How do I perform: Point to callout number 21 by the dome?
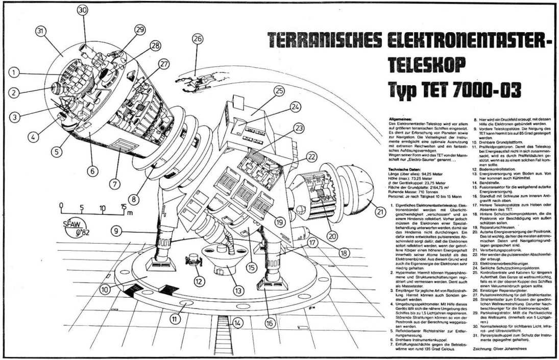tap(379, 211)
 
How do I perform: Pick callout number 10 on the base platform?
tap(105, 289)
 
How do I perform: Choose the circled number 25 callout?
tap(278, 90)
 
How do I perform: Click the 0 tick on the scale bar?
tap(61, 207)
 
